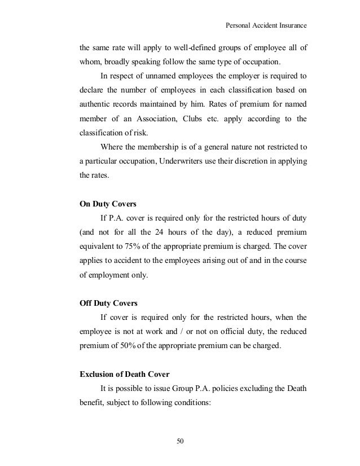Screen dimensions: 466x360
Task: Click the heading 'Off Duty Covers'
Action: tap(108, 304)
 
